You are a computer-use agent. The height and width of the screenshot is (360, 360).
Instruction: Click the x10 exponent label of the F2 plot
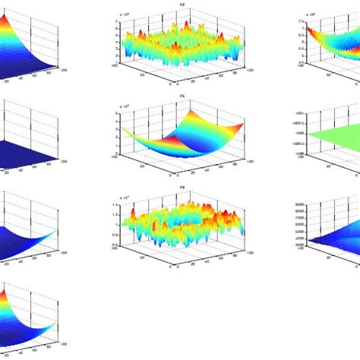coord(125,14)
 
